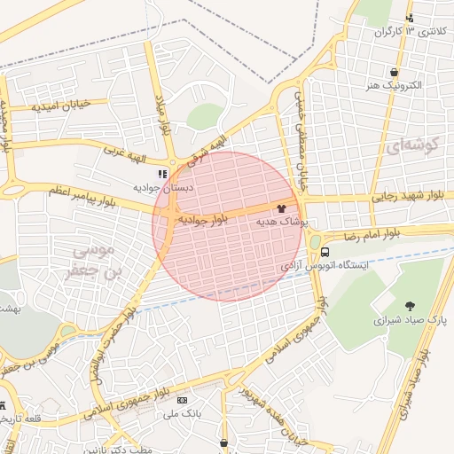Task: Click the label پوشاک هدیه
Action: coord(281,222)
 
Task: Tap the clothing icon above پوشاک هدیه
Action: coord(281,208)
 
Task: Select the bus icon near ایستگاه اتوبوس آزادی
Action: coord(325,251)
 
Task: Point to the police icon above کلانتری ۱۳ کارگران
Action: coord(409,18)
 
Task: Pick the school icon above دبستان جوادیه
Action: coord(161,174)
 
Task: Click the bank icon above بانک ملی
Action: coord(183,400)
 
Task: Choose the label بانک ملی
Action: coord(184,413)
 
